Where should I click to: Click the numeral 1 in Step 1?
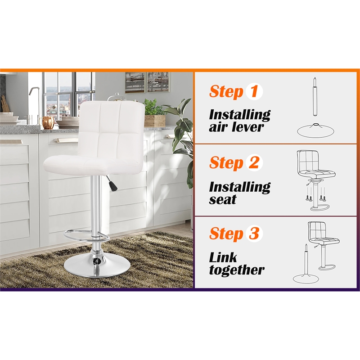pos(254,91)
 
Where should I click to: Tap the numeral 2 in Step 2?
pos(254,162)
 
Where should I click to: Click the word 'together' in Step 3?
pos(237,270)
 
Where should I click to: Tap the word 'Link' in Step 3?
pos(223,258)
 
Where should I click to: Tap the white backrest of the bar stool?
pos(112,121)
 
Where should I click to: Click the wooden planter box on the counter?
pos(155,121)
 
